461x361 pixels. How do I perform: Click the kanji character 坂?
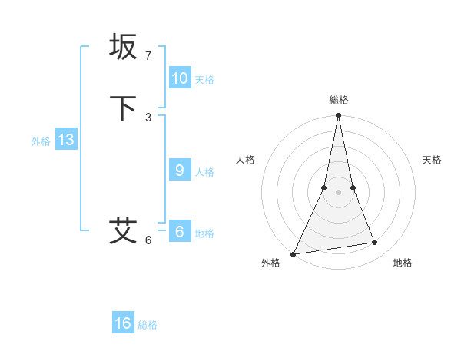(x=124, y=47)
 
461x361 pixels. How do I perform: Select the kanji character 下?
(x=124, y=108)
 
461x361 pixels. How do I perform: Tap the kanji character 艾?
(x=124, y=230)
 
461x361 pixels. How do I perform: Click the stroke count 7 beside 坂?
(x=148, y=56)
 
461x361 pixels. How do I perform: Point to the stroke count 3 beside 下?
(x=148, y=118)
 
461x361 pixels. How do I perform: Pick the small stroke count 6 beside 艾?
(x=148, y=240)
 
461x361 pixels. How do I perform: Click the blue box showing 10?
(x=180, y=78)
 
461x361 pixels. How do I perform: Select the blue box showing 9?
(x=180, y=171)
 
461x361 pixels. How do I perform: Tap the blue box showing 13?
(x=66, y=140)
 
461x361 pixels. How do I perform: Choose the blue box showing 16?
(x=123, y=323)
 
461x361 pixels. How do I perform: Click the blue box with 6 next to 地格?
(x=180, y=232)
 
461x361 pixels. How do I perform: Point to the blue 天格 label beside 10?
(x=204, y=80)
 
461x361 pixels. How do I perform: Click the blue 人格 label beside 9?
(x=204, y=172)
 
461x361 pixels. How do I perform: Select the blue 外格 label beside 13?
(x=41, y=141)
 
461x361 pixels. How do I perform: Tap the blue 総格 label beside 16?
(x=148, y=325)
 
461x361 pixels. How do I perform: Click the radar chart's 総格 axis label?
(x=338, y=100)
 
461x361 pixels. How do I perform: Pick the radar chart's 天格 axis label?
(x=432, y=160)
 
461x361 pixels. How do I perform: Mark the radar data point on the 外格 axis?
(x=293, y=253)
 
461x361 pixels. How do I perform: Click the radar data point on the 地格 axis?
(x=375, y=243)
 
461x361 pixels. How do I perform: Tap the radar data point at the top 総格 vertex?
(x=338, y=116)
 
